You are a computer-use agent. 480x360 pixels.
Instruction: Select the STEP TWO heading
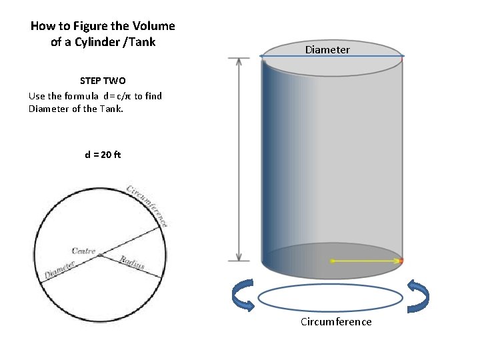tap(103, 81)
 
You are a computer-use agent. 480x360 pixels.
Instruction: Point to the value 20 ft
tap(109, 155)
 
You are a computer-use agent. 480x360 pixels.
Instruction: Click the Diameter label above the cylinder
tap(327, 49)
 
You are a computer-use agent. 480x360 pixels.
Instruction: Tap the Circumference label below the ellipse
tap(336, 322)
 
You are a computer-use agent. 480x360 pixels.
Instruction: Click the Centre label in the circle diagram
tap(84, 251)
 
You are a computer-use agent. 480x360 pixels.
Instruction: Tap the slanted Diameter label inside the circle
tap(59, 270)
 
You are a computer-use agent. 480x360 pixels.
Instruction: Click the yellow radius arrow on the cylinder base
tap(365, 260)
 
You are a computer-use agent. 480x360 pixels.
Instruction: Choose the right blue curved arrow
tap(418, 296)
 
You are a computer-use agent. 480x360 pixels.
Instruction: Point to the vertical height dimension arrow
tap(239, 159)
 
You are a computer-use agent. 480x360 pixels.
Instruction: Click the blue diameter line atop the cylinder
tap(331, 56)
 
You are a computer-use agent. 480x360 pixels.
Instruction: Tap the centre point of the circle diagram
tap(99, 255)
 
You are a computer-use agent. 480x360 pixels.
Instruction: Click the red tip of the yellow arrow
tap(401, 260)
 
